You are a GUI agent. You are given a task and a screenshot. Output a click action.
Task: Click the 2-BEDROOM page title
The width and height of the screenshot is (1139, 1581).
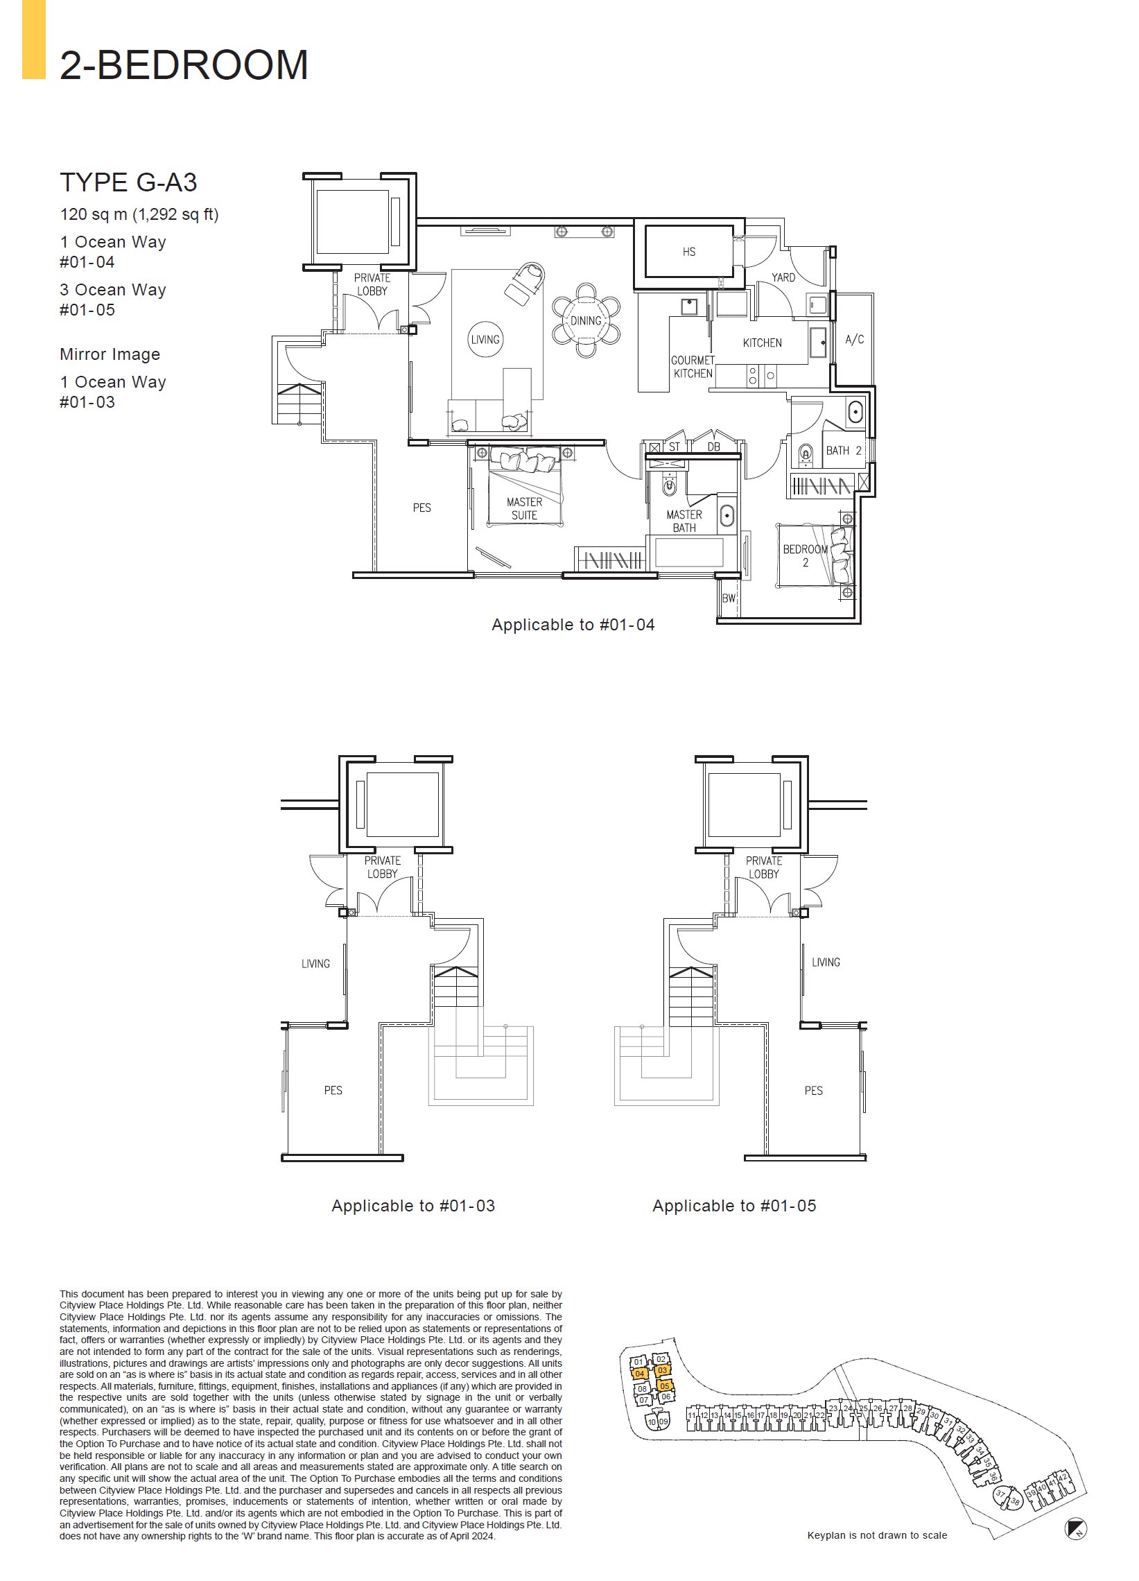[183, 64]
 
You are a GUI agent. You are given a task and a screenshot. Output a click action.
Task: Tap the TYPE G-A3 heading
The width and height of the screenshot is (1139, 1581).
[128, 182]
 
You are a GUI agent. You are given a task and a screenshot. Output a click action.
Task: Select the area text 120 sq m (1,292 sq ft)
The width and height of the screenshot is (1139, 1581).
[139, 214]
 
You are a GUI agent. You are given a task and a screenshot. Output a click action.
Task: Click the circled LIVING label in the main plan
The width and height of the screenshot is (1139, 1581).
[485, 340]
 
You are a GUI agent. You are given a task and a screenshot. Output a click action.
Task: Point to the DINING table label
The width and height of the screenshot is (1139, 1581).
[586, 320]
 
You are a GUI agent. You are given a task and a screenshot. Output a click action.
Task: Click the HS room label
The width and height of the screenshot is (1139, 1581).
[688, 252]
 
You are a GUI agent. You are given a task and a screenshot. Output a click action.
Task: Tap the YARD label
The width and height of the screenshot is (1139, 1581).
[783, 277]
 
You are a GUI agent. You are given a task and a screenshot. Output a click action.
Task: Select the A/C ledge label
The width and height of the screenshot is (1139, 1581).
[854, 340]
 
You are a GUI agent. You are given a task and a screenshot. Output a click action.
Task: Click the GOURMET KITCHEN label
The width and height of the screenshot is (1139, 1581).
[692, 367]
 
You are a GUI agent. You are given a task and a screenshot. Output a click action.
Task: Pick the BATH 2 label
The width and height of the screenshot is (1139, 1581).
[844, 450]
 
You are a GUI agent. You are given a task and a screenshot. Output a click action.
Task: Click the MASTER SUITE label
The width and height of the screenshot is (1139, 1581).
[524, 508]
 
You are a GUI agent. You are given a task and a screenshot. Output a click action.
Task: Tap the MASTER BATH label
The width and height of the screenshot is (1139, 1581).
[684, 521]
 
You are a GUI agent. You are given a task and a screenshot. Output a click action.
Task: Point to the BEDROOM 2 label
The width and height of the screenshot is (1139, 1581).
[805, 555]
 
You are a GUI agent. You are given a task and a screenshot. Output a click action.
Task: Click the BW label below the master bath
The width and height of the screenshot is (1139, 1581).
[729, 598]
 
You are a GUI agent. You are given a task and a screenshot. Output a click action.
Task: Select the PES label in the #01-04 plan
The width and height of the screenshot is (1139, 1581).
[421, 508]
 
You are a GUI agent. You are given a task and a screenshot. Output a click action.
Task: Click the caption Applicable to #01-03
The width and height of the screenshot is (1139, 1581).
[412, 1205]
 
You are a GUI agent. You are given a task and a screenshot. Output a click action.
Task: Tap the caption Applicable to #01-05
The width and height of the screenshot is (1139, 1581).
[733, 1205]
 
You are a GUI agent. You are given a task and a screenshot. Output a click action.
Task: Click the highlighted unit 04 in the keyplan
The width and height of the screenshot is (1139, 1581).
[639, 1373]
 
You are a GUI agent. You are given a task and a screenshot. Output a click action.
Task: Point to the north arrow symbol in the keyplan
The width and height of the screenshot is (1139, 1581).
[1075, 1529]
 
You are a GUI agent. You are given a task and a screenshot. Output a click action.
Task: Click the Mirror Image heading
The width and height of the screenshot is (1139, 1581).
[110, 354]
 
